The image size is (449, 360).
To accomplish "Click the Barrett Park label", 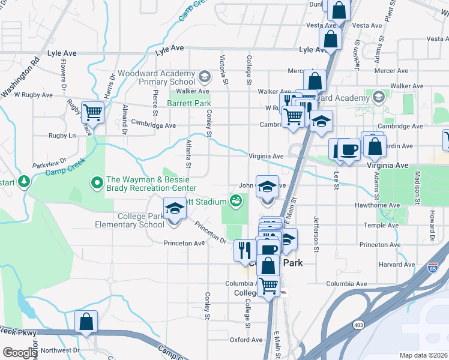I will coord(190,103).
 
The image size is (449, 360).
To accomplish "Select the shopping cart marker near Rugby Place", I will coord(92,112).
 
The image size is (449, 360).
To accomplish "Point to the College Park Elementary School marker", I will coord(174,208).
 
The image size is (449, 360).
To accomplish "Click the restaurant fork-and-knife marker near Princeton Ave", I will coord(244,250).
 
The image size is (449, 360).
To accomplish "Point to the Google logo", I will coord(20,353).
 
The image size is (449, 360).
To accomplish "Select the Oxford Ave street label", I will coord(246,340).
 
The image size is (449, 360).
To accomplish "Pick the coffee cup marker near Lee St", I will coord(348,149).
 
